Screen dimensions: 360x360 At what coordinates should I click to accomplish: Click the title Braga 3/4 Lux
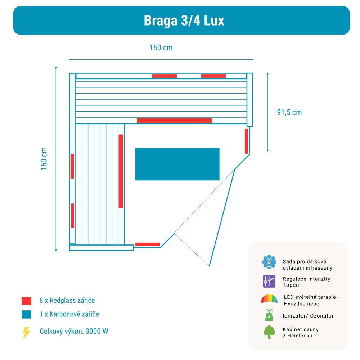pyautogui.click(x=184, y=21)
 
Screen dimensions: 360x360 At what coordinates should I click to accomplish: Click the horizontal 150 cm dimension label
pyautogui.click(x=161, y=48)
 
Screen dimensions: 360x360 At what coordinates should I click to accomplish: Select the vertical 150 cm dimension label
pyautogui.click(x=44, y=159)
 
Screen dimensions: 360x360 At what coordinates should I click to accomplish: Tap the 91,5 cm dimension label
pyautogui.click(x=289, y=112)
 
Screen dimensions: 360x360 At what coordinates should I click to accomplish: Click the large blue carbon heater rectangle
pyautogui.click(x=177, y=164)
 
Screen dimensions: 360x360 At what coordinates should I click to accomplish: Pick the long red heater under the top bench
pyautogui.click(x=174, y=121)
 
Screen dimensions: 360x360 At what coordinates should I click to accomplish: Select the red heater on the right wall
pyautogui.click(x=246, y=141)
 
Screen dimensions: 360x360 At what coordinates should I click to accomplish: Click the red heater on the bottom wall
pyautogui.click(x=147, y=244)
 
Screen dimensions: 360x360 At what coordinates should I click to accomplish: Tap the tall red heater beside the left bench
pyautogui.click(x=121, y=171)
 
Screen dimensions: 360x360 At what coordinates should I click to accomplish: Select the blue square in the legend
pyautogui.click(x=26, y=315)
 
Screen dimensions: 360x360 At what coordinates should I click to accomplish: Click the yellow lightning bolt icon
pyautogui.click(x=26, y=333)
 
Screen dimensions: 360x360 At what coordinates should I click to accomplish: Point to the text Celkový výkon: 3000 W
pyautogui.click(x=74, y=331)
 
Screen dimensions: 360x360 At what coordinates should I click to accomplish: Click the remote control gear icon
pyautogui.click(x=269, y=262)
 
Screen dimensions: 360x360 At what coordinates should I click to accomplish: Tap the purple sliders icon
pyautogui.click(x=269, y=281)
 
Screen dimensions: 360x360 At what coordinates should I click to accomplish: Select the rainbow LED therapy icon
pyautogui.click(x=269, y=299)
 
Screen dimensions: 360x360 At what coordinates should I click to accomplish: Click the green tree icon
pyautogui.click(x=269, y=332)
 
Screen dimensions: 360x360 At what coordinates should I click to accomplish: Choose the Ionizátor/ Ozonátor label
pyautogui.click(x=308, y=316)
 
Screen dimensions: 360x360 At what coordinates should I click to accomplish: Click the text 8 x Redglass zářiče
pyautogui.click(x=67, y=300)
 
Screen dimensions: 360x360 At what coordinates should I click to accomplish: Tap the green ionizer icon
pyautogui.click(x=269, y=315)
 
